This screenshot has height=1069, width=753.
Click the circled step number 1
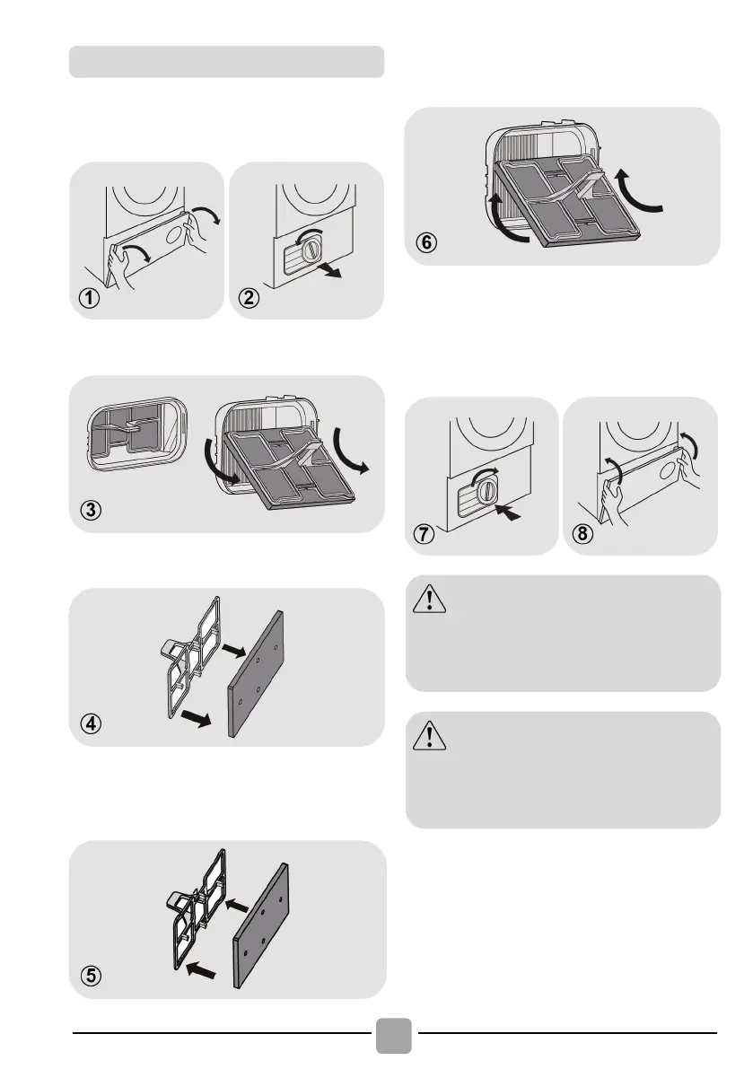89,298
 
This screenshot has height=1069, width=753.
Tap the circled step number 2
249,298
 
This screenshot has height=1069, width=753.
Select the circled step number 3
91,510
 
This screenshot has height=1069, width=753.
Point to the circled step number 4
91,723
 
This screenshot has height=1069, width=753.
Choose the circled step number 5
91,976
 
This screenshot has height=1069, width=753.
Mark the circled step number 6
426,242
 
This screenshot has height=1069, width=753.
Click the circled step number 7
424,533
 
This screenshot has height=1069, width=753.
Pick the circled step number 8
582,533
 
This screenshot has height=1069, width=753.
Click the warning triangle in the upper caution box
429,599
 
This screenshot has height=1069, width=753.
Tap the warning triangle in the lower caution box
429,735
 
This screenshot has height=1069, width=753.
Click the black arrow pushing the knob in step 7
508,512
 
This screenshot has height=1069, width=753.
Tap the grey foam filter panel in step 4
256,673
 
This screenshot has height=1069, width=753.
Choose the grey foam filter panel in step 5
261,925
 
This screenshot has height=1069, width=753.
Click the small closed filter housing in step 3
137,435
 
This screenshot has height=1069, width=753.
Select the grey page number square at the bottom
394,1036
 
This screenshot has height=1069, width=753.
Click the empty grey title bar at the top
227,61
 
